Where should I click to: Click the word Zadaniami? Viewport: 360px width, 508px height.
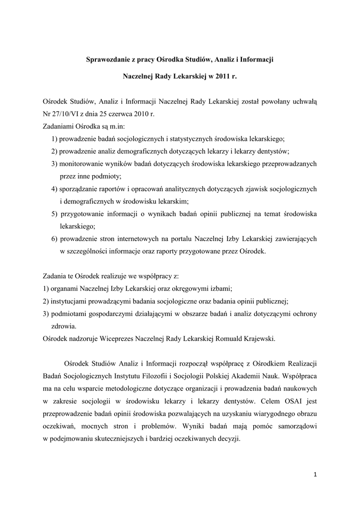[x=59, y=126]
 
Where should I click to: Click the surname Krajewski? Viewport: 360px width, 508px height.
[x=255, y=339]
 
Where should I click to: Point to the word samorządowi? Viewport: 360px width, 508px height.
[x=294, y=426]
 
